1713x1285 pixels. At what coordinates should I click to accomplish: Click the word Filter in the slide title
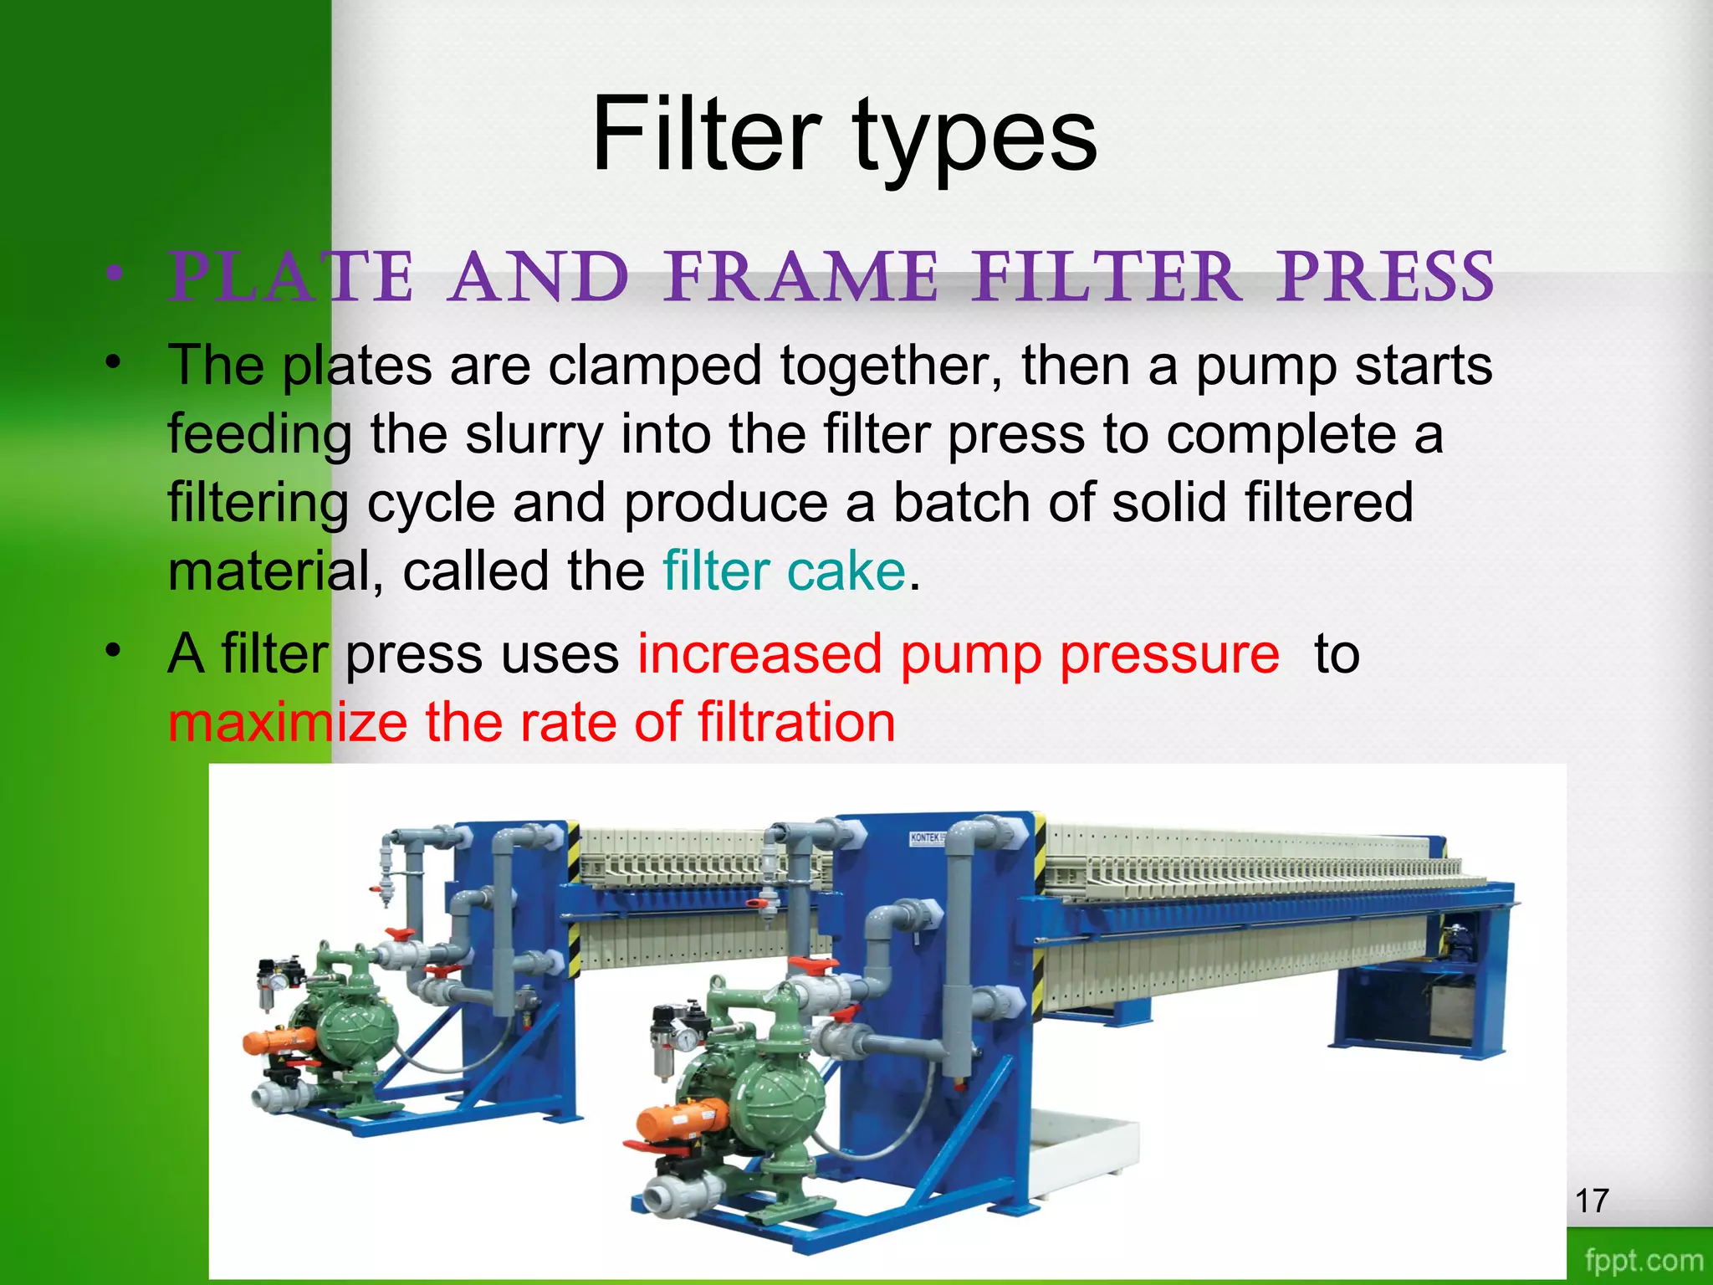tap(706, 134)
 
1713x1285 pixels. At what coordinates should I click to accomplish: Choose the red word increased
tap(759, 653)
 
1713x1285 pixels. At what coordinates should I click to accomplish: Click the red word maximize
tap(287, 722)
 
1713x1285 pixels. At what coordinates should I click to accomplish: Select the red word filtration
tap(796, 722)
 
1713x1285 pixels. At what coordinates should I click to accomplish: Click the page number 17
tap(1592, 1201)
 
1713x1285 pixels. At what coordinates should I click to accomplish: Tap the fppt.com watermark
tap(1644, 1260)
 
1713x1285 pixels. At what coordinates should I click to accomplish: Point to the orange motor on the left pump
tap(279, 1042)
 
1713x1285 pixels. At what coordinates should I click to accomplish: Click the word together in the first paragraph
tap(890, 366)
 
